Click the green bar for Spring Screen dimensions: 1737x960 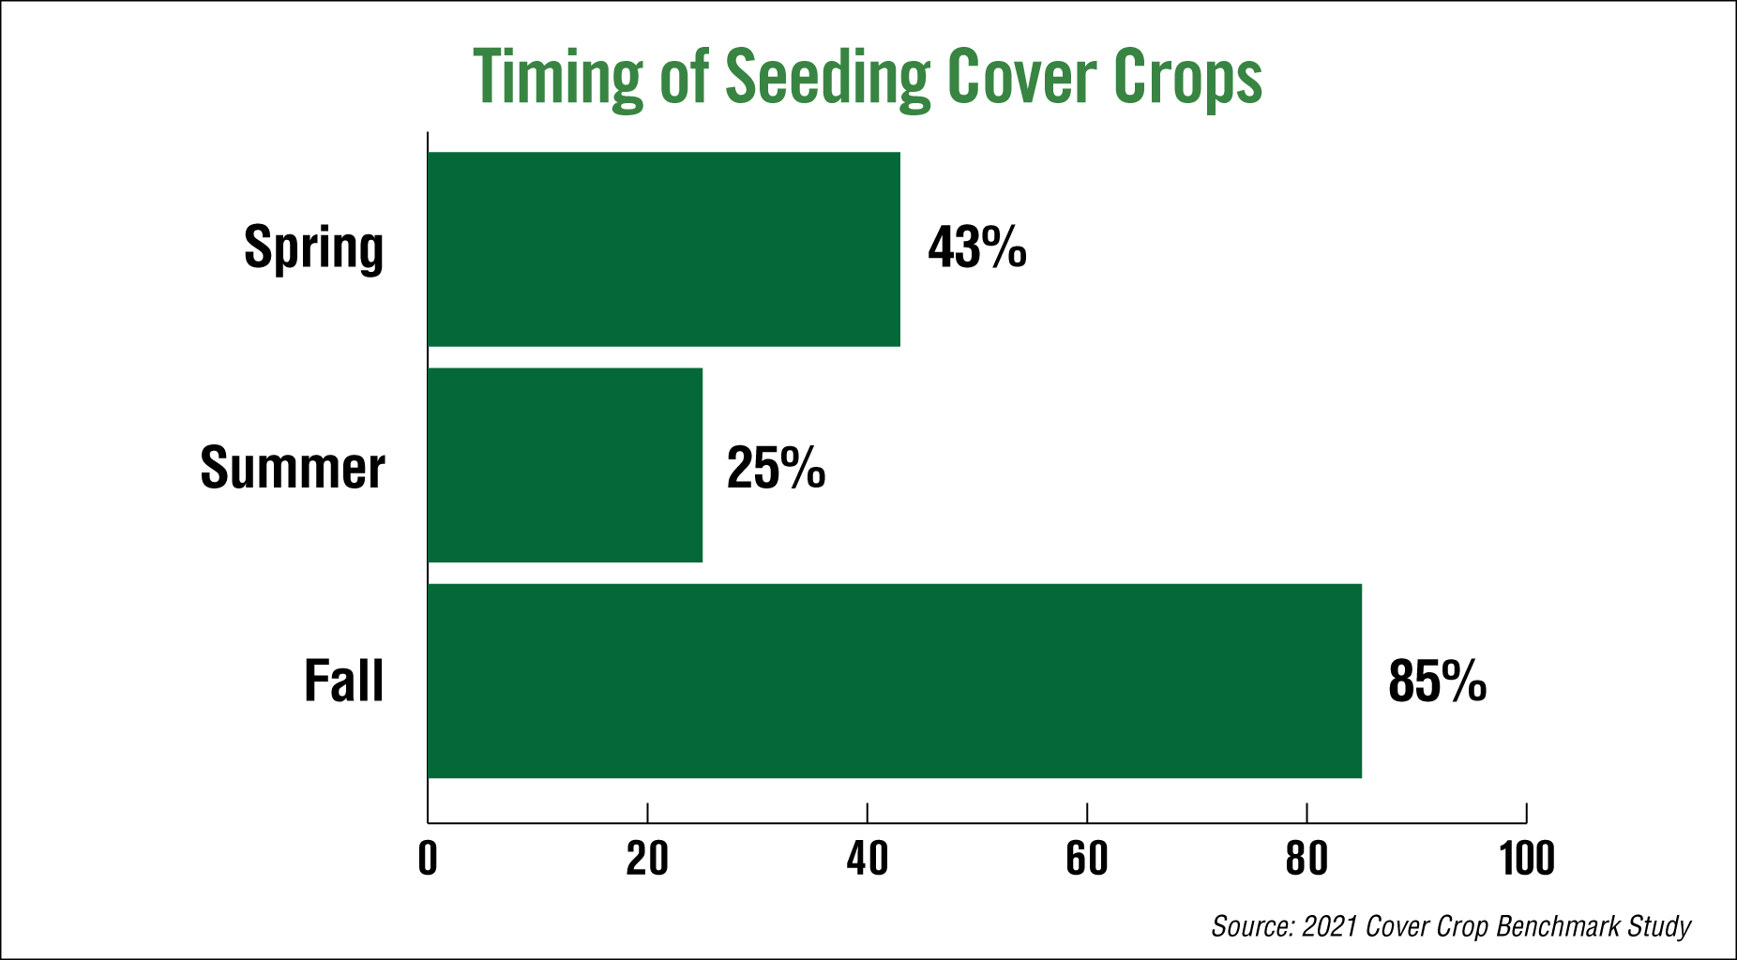(664, 249)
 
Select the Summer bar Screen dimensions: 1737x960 (565, 465)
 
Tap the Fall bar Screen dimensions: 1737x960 (895, 681)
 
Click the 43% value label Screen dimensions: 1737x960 (977, 247)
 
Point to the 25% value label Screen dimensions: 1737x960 (776, 468)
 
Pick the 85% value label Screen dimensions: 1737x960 (1438, 681)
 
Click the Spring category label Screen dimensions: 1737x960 (314, 249)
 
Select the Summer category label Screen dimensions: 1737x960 (293, 467)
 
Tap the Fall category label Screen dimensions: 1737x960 (344, 681)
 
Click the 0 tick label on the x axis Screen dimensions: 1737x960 (428, 859)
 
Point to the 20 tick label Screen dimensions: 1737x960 (647, 859)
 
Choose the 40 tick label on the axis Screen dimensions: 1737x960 (868, 859)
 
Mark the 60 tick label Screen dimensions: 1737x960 (1087, 859)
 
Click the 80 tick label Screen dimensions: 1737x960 (1307, 859)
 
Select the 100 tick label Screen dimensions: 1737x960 (1527, 859)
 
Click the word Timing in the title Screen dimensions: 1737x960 (559, 79)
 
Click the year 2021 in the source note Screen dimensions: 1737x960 (1330, 926)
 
